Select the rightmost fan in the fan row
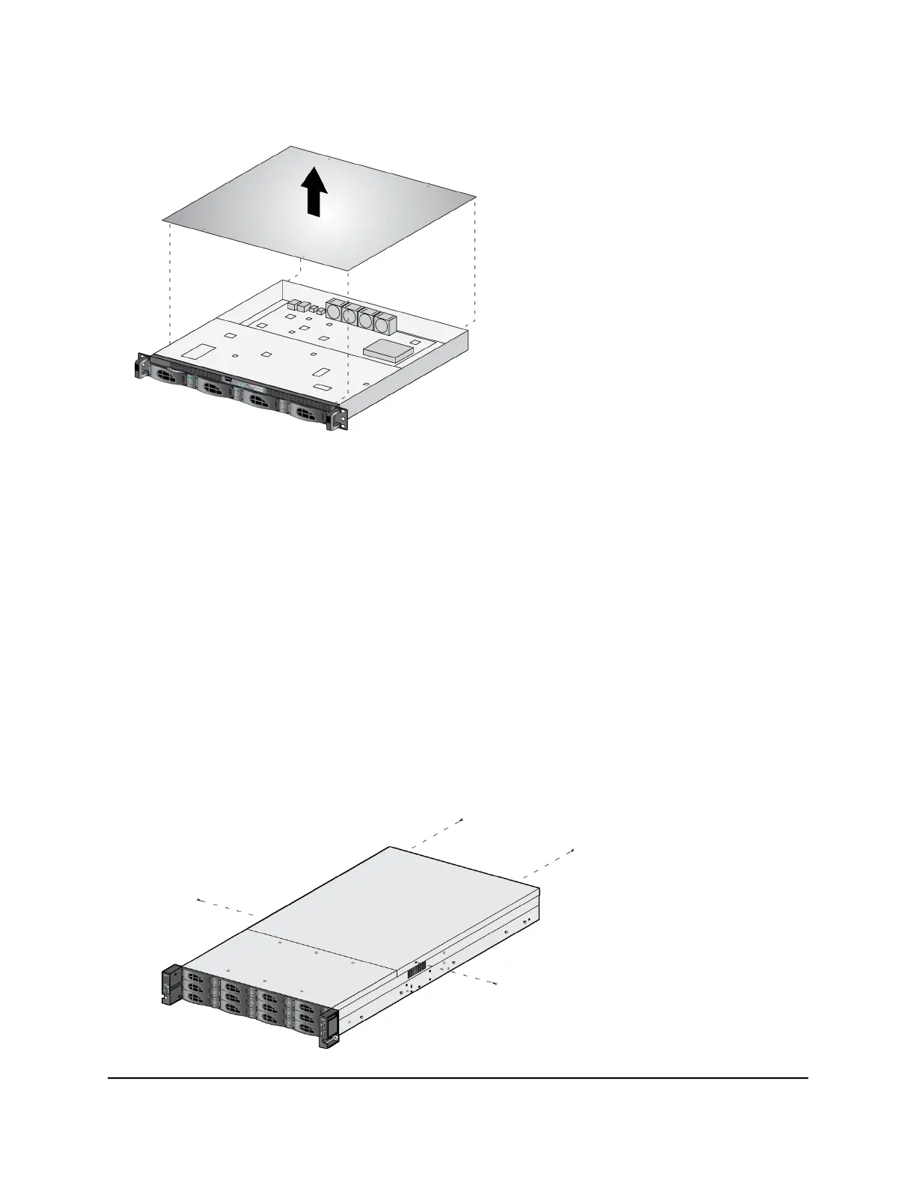click(x=384, y=323)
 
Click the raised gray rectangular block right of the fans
click(x=389, y=349)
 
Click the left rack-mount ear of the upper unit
click(x=140, y=369)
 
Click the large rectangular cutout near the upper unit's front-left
click(x=197, y=350)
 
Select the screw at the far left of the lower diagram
click(x=198, y=901)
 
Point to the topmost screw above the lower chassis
click(x=462, y=821)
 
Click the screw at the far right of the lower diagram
click(x=572, y=850)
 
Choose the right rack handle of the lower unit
click(x=328, y=1029)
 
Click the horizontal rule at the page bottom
click(x=458, y=1078)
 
